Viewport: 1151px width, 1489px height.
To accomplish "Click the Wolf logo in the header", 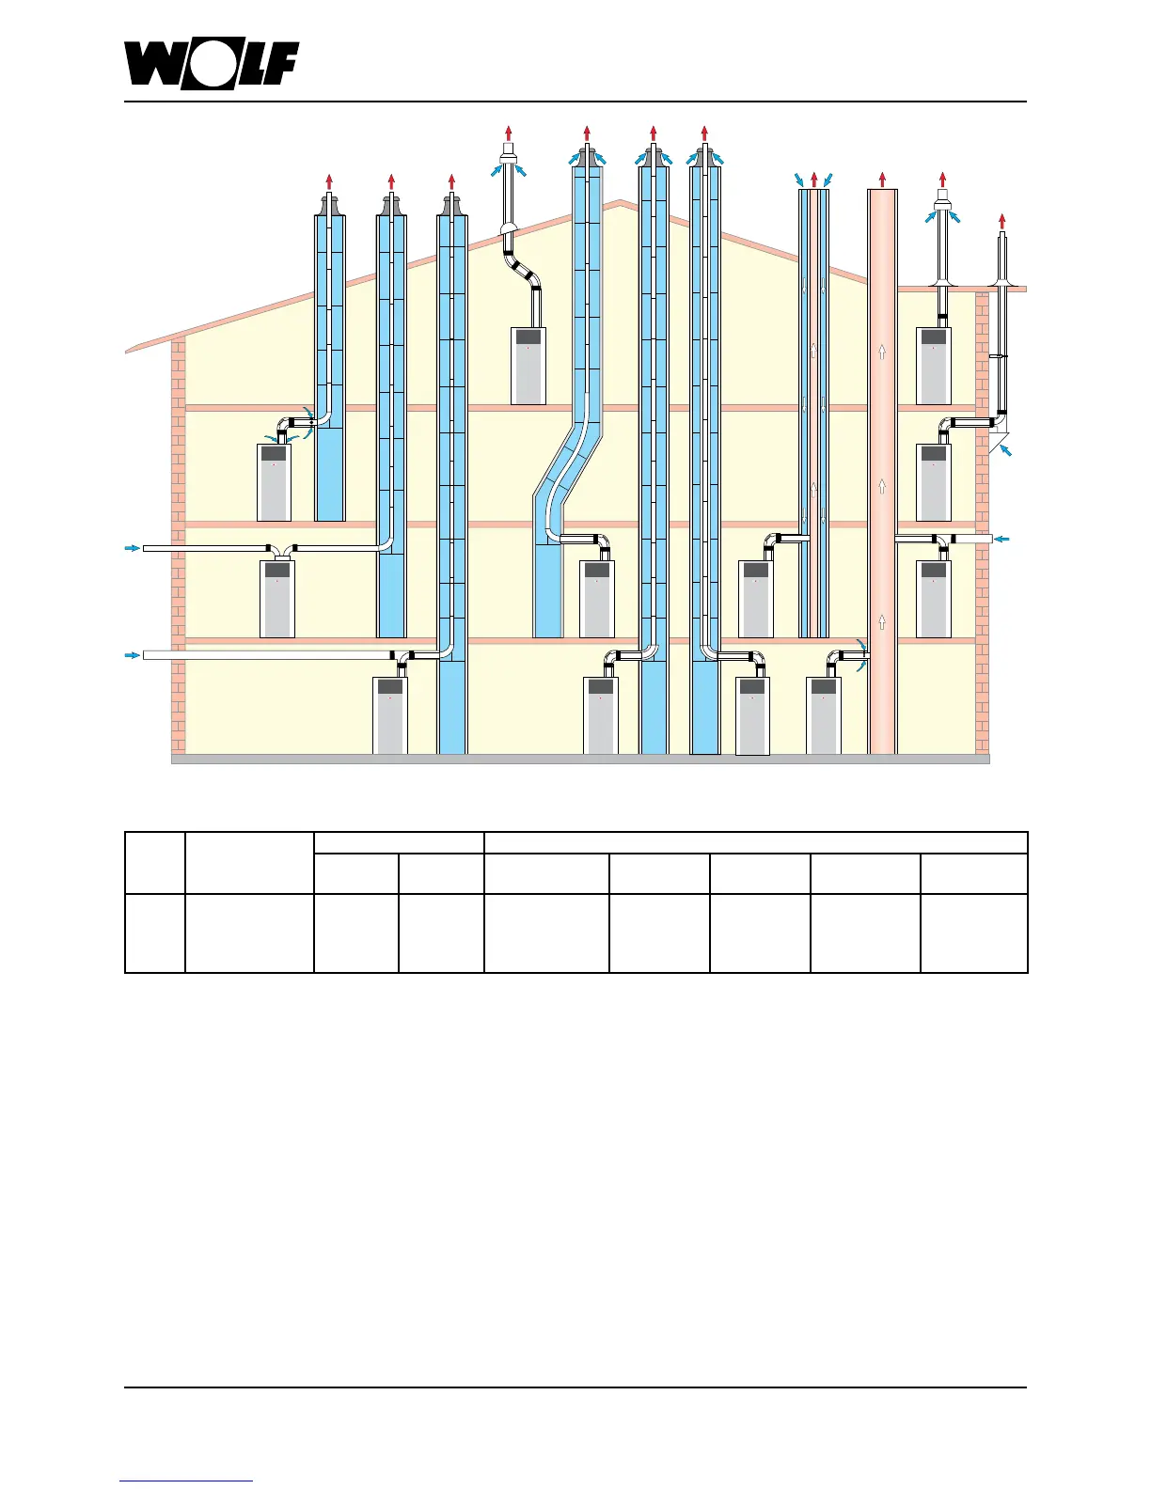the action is coord(213,65).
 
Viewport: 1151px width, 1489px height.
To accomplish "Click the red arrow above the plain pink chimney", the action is coord(882,179).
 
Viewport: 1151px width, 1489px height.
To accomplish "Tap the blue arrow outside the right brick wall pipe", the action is coord(1003,539).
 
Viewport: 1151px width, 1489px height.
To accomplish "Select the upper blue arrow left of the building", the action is coord(132,547).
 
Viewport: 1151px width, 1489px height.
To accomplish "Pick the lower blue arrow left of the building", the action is coord(132,655).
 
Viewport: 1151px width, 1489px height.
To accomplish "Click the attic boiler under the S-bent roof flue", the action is coord(528,366).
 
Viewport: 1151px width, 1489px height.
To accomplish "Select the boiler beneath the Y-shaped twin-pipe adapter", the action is coord(277,599).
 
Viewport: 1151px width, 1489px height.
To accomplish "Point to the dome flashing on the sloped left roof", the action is coord(508,230).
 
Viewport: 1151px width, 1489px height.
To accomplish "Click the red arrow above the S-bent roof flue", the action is coord(509,133).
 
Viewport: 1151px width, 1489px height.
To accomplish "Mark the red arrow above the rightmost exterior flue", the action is coord(1002,221).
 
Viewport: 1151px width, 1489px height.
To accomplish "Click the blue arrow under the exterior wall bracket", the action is coord(1007,452).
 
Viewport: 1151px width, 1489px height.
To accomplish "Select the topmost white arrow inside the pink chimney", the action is coord(882,352).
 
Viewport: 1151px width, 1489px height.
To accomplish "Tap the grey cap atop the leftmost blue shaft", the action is coord(329,205).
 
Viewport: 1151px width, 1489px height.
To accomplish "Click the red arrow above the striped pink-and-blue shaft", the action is coord(814,179).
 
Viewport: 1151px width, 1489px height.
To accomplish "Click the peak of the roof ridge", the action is coord(618,201).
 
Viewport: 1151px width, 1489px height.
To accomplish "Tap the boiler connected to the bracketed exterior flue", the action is coord(933,481).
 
